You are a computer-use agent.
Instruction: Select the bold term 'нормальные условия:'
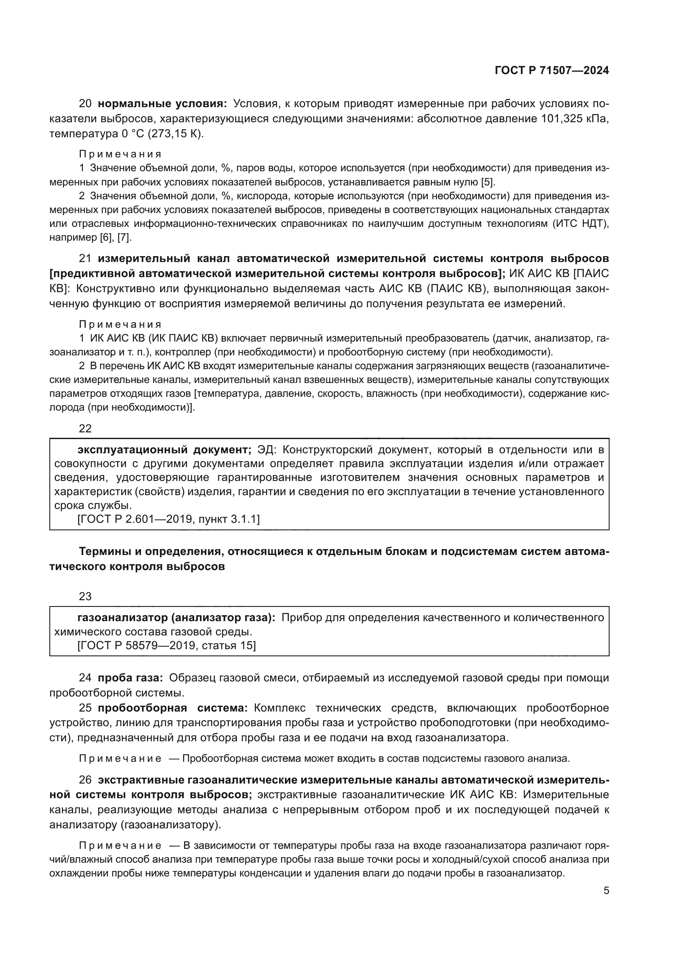(x=162, y=104)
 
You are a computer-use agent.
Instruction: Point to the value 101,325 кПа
(x=574, y=118)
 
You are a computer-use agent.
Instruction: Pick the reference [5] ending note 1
(x=487, y=182)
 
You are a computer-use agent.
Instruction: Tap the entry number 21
(x=85, y=258)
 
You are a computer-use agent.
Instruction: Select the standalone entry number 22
(x=85, y=429)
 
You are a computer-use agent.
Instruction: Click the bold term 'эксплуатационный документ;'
(x=164, y=450)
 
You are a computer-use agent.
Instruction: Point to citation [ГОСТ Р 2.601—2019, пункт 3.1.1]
(x=168, y=519)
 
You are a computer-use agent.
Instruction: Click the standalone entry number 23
(x=85, y=596)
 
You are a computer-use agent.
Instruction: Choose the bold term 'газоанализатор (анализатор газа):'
(x=176, y=617)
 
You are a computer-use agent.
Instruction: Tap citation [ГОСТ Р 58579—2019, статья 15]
(x=167, y=645)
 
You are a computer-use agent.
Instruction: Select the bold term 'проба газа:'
(x=130, y=678)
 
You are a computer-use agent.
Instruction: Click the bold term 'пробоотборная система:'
(x=172, y=708)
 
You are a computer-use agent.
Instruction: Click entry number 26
(x=85, y=780)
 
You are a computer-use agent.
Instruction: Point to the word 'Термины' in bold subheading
(x=105, y=552)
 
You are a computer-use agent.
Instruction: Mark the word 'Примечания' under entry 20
(x=120, y=154)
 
